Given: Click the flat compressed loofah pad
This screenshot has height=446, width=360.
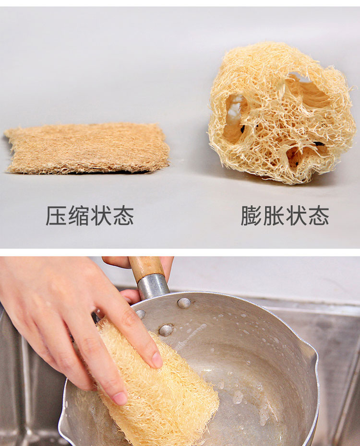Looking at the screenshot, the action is pos(87,149).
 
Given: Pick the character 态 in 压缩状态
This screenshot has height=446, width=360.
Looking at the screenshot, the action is pos(123,216).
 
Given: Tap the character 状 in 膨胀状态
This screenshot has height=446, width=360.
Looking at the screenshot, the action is pos(296,216).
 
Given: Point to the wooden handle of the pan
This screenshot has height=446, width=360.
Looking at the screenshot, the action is pos(146,266).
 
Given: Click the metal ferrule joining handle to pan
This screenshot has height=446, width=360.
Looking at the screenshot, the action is pos(153,285).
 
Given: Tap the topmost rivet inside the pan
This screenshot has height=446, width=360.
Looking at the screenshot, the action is pos(184,303).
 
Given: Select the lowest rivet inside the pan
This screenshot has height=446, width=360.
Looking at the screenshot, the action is pos(166,330).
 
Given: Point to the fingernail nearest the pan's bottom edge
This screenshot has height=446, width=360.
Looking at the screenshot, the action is pos(120,398).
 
